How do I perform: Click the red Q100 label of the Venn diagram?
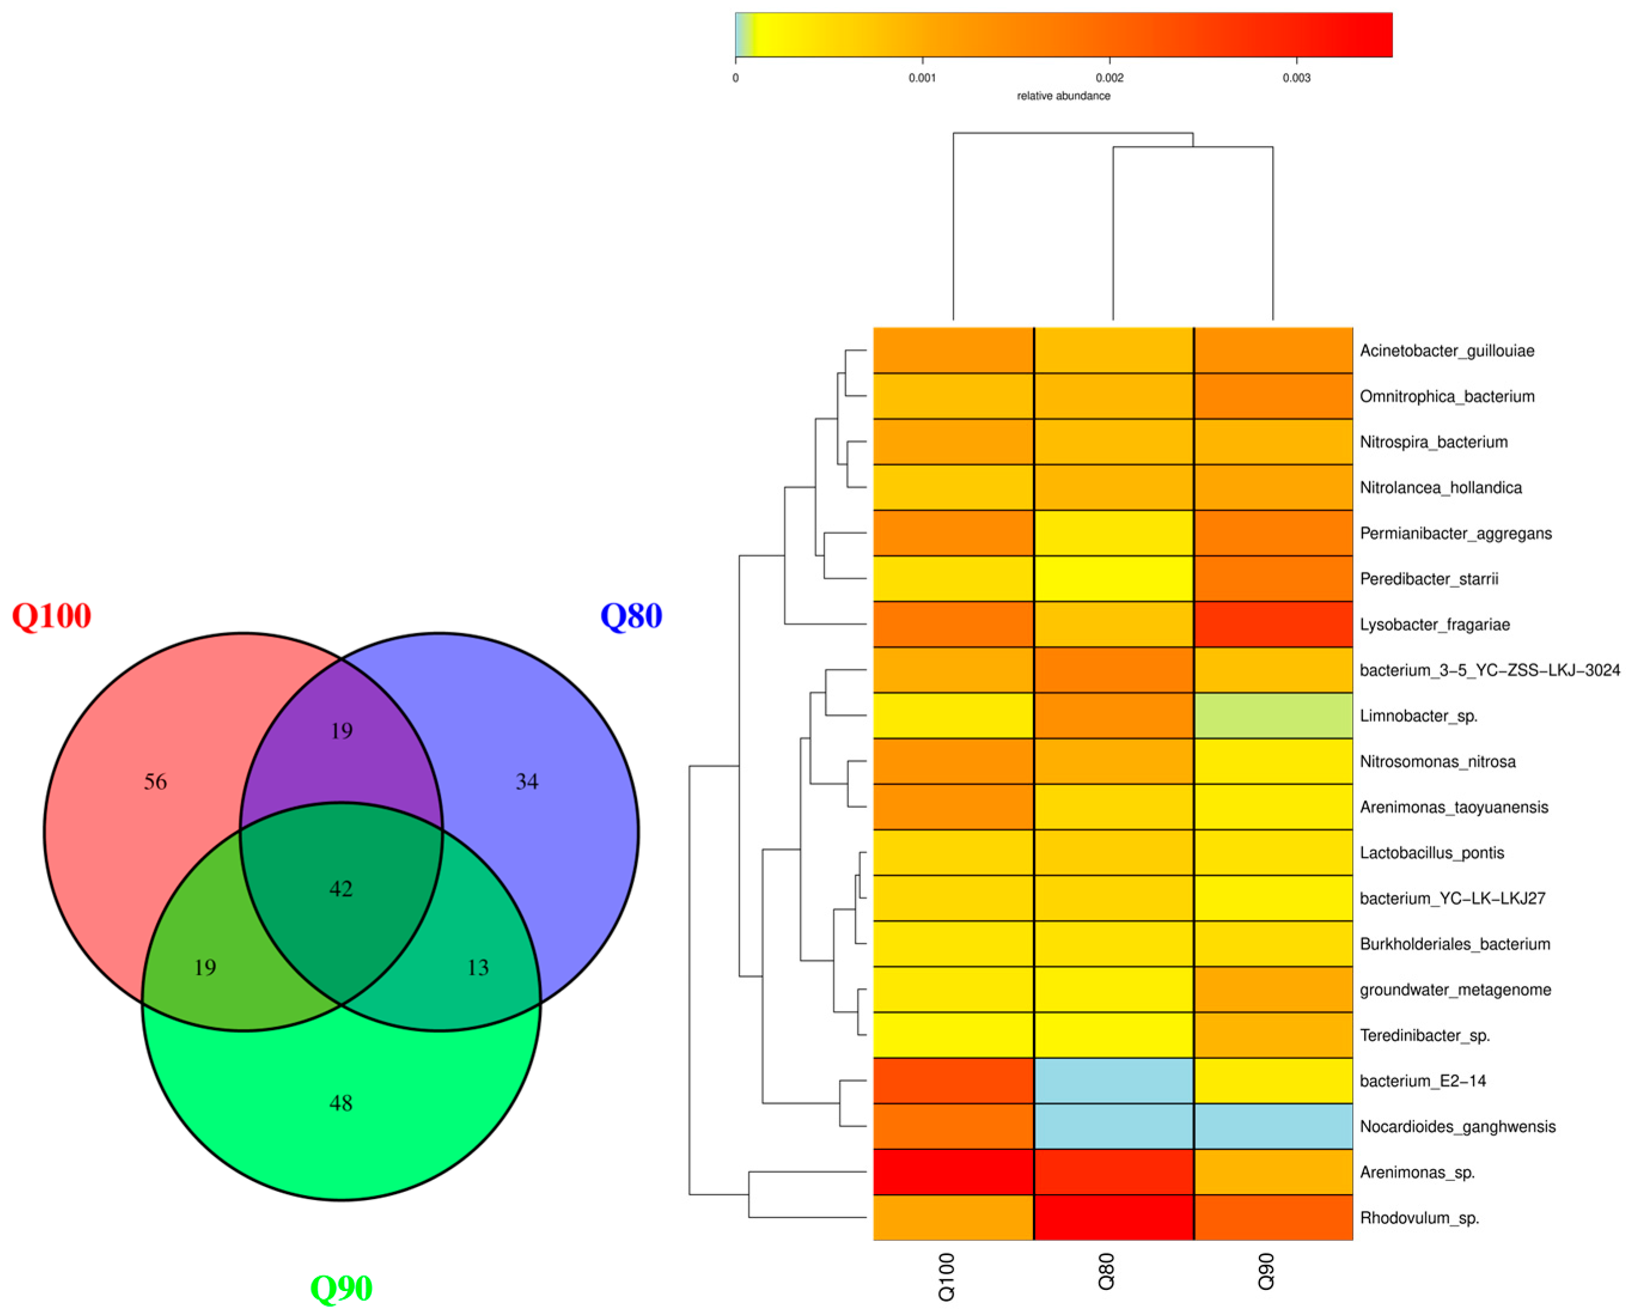[x=51, y=617]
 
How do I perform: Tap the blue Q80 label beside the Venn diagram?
[x=631, y=617]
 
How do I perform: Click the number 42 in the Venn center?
[x=341, y=889]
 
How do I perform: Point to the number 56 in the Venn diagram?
[x=155, y=782]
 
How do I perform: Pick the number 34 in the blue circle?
[x=527, y=782]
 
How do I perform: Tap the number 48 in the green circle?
[x=341, y=1103]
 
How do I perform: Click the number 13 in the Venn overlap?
[x=478, y=968]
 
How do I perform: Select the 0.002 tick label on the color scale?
[x=1109, y=78]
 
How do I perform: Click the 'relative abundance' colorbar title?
[x=1063, y=96]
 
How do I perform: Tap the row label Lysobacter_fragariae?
[x=1434, y=625]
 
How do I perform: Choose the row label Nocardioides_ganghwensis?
[x=1457, y=1127]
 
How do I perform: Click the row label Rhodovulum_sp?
[x=1419, y=1218]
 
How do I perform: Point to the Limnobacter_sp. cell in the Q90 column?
[x=1273, y=716]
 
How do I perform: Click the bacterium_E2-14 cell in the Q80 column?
[x=1113, y=1081]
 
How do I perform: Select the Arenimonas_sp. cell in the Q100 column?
[x=953, y=1172]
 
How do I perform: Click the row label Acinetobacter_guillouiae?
[x=1447, y=350]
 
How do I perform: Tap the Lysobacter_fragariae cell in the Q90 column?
[x=1273, y=625]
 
